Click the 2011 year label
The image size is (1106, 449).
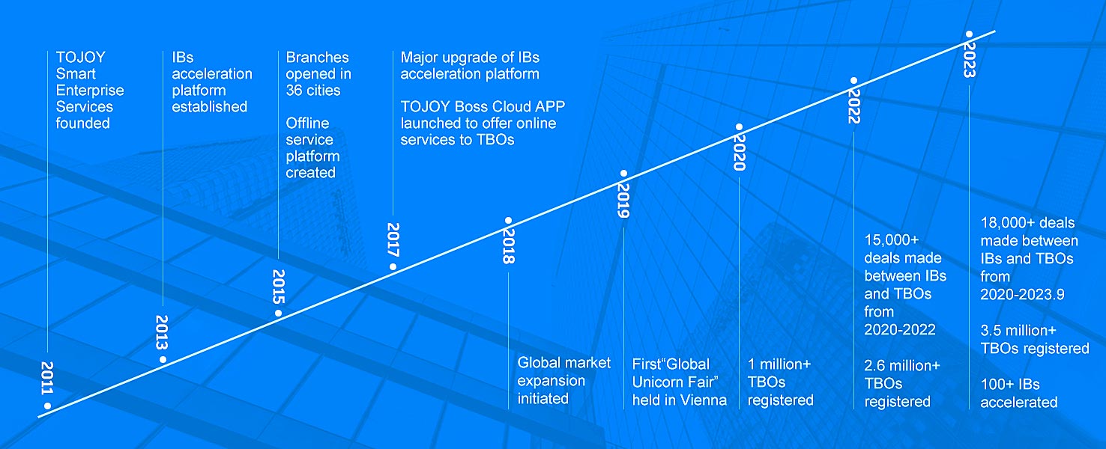47,378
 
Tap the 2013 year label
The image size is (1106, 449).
162,332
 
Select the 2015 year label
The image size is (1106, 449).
279,287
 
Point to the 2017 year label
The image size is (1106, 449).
393,239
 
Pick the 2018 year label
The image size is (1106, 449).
509,246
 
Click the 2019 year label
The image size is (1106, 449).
623,201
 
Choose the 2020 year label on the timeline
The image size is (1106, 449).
739,153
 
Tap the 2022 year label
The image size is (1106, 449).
853,106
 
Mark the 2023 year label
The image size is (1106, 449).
969,60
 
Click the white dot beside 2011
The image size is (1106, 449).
47,406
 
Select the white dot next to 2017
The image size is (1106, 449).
393,266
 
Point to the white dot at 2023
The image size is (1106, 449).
969,34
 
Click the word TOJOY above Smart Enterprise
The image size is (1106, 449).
80,57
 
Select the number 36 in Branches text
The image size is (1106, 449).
294,91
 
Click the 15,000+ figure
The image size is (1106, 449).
892,240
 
